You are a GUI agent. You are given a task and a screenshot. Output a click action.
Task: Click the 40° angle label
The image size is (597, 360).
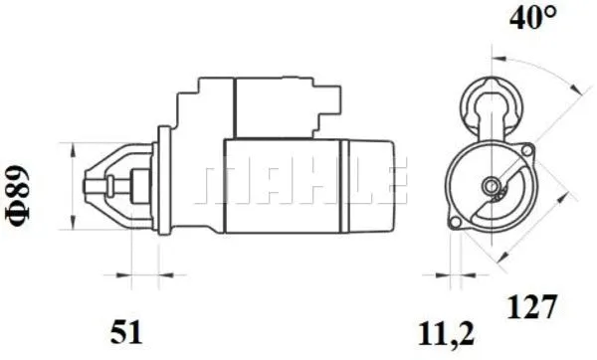point(532,17)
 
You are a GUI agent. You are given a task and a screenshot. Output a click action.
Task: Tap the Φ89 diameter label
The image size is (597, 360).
point(18,196)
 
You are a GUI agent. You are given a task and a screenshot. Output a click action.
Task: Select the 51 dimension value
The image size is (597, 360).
point(126,332)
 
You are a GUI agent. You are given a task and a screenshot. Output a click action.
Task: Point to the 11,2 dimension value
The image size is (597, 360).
point(446,334)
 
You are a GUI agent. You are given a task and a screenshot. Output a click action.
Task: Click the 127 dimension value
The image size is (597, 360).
point(532,306)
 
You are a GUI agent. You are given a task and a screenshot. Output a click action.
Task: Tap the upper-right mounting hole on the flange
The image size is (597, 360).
point(527,150)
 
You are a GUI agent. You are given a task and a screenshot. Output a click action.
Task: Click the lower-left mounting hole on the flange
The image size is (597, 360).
point(455,222)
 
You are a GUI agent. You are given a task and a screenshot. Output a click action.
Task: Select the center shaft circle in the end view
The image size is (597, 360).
point(492,186)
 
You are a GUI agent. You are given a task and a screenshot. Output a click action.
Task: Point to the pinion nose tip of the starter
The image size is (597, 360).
point(85,186)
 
